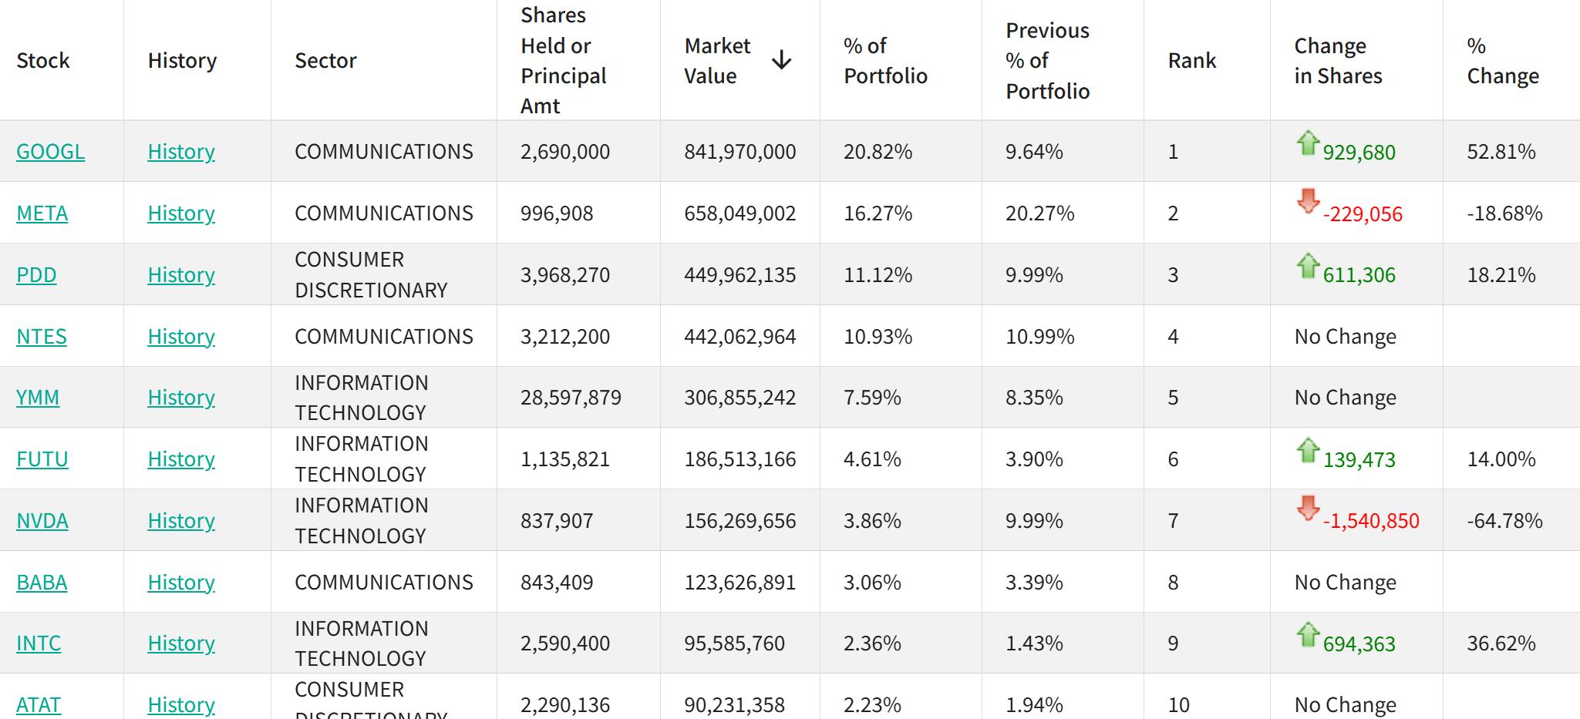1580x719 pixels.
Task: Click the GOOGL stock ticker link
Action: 50,152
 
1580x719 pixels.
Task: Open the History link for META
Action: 181,213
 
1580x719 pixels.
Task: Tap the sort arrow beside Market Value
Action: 781,60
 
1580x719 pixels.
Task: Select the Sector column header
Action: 325,60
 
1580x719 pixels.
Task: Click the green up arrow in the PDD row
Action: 1308,266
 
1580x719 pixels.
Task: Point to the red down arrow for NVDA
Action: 1308,508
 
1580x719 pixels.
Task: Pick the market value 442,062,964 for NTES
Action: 739,337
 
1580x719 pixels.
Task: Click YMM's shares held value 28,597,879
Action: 571,398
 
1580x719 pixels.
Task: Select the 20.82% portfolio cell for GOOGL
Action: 878,152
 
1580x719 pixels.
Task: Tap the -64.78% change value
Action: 1504,521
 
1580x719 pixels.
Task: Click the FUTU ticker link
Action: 42,459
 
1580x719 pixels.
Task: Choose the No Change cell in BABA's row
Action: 1345,583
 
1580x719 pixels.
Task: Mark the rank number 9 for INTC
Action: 1173,643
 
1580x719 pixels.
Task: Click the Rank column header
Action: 1191,60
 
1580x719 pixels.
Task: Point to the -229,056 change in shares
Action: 1363,214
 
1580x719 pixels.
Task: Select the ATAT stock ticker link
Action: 39,704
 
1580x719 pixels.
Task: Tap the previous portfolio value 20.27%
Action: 1039,213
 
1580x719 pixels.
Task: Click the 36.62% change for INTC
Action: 1501,643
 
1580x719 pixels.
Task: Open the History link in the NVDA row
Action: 181,521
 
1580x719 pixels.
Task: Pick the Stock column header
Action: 43,60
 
